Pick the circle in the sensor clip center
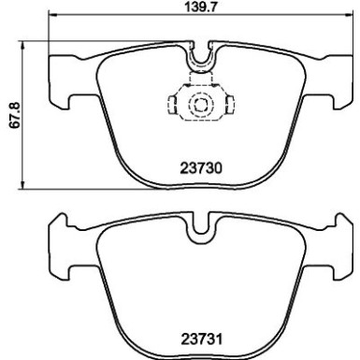pos(197,107)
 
